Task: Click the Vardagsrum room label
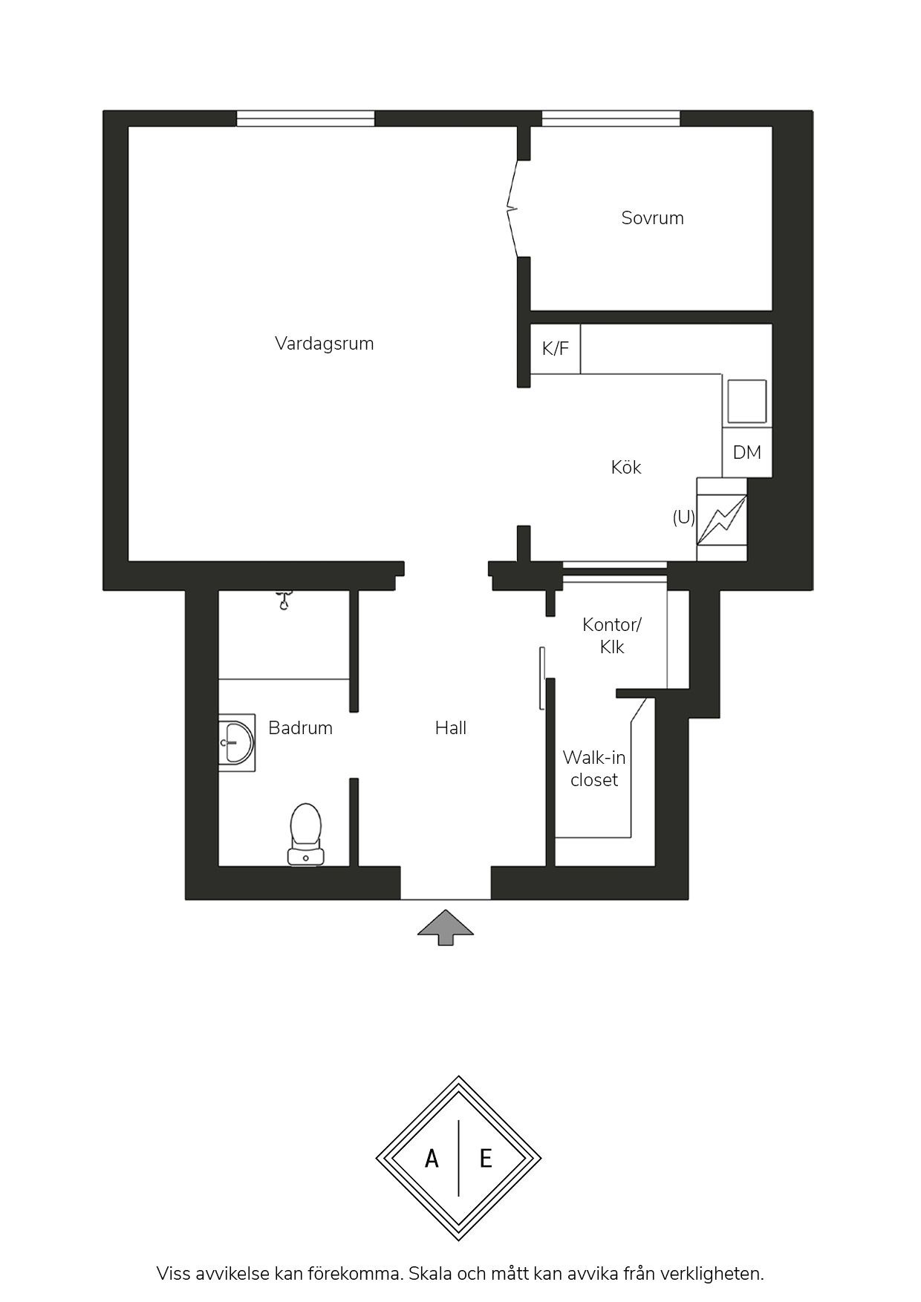324,344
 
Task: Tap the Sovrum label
652,218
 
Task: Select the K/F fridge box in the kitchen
556,349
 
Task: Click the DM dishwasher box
747,452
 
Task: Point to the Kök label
625,467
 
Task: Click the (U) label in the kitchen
683,517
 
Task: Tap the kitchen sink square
746,402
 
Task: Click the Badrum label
300,728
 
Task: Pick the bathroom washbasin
236,742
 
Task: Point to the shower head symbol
283,598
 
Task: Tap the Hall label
451,728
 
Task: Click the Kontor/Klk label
612,636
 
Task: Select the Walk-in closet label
594,769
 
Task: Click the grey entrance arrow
446,926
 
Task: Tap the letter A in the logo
432,1158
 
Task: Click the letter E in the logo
486,1158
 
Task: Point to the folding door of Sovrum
513,209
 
